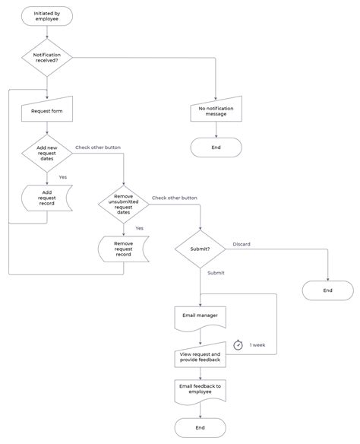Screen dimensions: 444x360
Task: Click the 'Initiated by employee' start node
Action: [47, 15]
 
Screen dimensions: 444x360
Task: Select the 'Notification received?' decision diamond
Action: [47, 57]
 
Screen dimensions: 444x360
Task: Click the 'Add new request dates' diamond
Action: [47, 154]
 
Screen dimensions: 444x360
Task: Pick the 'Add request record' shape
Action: [47, 198]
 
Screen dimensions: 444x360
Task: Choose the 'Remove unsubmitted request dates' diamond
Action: [123, 204]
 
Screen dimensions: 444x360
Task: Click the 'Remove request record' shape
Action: [123, 249]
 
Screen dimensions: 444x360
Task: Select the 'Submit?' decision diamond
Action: [201, 248]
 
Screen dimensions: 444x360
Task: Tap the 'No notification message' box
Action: [216, 112]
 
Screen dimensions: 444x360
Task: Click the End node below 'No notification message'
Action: [216, 147]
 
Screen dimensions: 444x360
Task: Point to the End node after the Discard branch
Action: [327, 290]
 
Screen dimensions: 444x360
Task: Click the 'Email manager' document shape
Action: [201, 316]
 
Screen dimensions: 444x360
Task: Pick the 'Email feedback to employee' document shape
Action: [201, 389]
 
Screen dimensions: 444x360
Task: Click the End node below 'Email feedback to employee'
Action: [201, 427]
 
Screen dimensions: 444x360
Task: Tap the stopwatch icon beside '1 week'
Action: [238, 344]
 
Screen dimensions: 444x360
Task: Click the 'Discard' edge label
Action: [241, 244]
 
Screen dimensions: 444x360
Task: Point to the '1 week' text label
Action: [257, 344]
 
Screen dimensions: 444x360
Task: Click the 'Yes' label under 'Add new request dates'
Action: [62, 176]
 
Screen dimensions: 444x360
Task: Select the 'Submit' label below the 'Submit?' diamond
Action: [216, 272]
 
